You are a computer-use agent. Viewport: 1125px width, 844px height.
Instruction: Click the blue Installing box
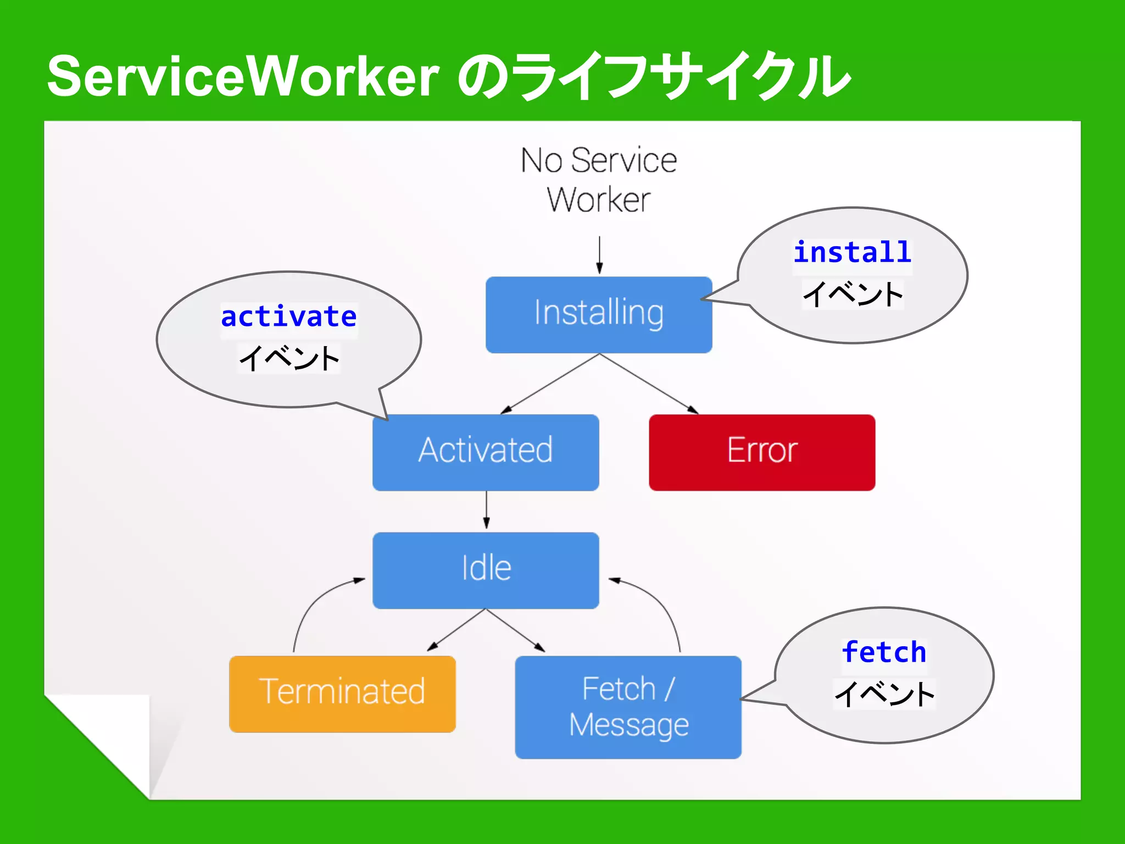[599, 314]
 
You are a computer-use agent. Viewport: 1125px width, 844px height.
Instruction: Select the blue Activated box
[486, 452]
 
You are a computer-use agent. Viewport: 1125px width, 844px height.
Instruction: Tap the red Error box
[762, 452]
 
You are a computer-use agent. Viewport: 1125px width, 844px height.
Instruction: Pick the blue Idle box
[486, 570]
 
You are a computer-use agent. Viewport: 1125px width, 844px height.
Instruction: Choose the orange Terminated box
[342, 693]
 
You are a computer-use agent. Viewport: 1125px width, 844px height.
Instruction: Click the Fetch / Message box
[628, 707]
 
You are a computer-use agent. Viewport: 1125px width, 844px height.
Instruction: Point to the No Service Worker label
[599, 180]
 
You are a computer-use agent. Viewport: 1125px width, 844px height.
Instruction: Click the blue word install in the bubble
[852, 253]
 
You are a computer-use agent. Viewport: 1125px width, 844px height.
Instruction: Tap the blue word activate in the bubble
[289, 317]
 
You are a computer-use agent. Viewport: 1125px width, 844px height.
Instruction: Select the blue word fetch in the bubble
[884, 653]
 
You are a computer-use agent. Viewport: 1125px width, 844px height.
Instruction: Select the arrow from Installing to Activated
[549, 384]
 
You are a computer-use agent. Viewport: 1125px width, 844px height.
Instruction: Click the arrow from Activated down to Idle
[486, 510]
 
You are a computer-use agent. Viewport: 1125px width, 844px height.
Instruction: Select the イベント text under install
[853, 295]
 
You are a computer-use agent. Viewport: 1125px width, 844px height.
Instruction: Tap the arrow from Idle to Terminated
[456, 631]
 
